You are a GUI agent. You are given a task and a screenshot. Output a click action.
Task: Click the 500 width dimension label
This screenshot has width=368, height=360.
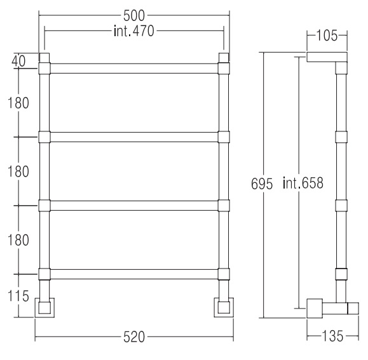tap(134, 16)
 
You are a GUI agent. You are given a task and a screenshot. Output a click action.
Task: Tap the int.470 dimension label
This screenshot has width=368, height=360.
tap(133, 31)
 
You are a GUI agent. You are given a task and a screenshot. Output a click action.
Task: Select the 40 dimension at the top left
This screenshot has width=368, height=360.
tap(18, 62)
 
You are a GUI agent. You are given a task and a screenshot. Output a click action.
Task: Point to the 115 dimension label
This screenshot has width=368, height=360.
tap(18, 296)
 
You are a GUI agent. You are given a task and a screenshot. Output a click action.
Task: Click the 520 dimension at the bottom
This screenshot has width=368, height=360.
tap(134, 337)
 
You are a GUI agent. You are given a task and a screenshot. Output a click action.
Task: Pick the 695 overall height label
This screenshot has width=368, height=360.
tap(262, 183)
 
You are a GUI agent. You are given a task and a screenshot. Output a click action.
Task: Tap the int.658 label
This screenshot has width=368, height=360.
tap(303, 183)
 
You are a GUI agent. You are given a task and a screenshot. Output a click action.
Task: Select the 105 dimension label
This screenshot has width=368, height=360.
tap(327, 36)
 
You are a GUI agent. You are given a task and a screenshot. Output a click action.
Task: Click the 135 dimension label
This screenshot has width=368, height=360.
tap(332, 337)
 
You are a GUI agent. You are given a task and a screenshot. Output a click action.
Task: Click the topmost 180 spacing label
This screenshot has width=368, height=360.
tap(18, 103)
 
